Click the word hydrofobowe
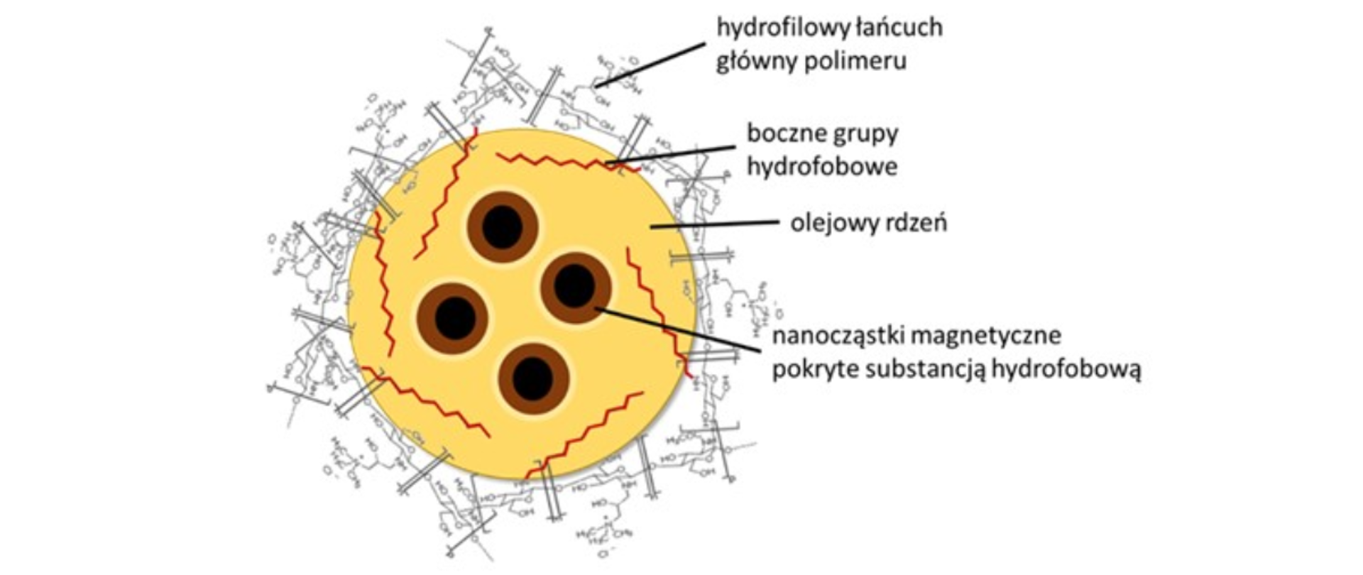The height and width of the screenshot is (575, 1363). click(822, 166)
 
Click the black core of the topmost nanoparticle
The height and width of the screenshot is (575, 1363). click(502, 227)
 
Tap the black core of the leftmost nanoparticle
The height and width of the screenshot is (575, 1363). click(454, 317)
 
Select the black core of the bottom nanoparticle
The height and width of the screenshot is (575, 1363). click(532, 379)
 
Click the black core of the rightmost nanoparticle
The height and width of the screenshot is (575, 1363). click(574, 287)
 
